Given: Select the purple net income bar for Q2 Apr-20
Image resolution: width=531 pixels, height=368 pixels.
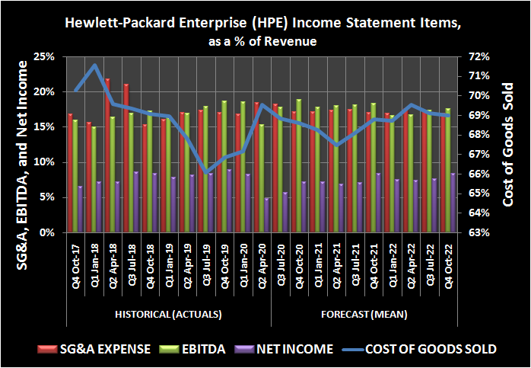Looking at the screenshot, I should [x=266, y=215].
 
